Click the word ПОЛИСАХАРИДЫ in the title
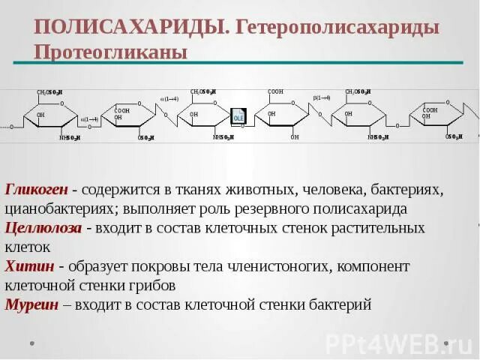(x=130, y=28)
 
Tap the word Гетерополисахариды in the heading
(x=337, y=28)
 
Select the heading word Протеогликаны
(x=110, y=52)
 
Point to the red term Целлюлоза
(x=43, y=228)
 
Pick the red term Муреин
(x=32, y=304)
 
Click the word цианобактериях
(x=58, y=208)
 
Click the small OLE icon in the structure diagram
(x=238, y=117)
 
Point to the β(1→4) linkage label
(x=322, y=97)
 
